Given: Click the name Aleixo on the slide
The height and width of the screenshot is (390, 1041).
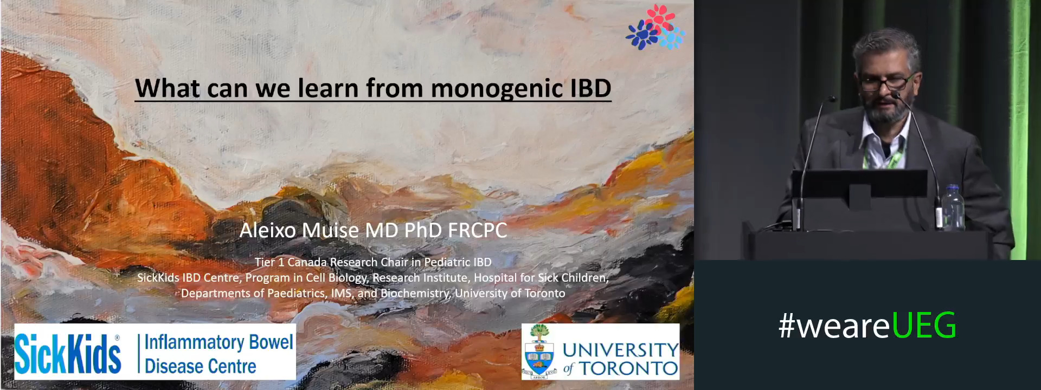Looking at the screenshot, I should click(x=268, y=230).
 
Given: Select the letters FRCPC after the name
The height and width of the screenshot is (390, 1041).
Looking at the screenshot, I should click(x=477, y=230).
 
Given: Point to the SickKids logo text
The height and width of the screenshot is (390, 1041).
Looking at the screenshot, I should click(x=68, y=353).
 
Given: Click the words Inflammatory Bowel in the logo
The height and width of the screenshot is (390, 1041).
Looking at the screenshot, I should click(x=219, y=342).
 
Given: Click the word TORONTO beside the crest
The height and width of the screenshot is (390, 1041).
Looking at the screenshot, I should click(x=629, y=369).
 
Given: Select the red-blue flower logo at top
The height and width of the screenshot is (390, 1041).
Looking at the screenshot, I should click(x=655, y=27).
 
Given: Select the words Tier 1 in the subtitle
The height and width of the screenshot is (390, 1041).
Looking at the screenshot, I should click(x=269, y=262).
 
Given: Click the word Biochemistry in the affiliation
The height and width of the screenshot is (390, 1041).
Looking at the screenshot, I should click(x=415, y=294).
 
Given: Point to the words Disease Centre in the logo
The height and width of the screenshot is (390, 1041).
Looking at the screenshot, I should click(x=200, y=367).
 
